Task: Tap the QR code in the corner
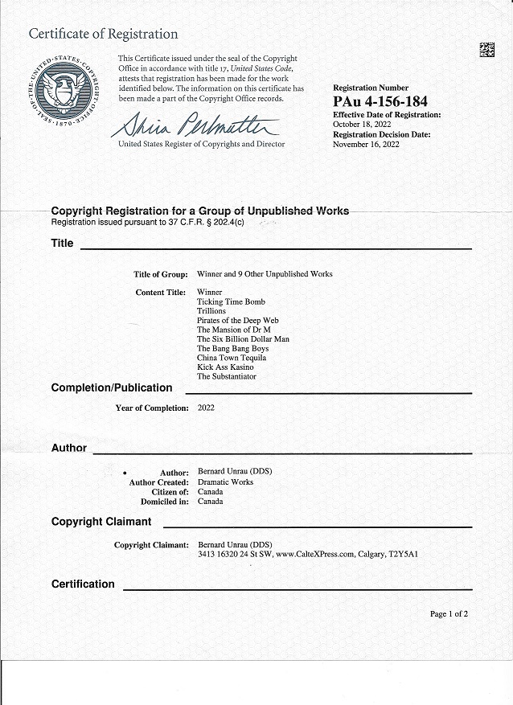[487, 50]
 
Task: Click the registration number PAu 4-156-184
[380, 101]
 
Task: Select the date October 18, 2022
[361, 125]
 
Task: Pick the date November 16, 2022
[366, 145]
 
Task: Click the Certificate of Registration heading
[104, 34]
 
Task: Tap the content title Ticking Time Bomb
[231, 301]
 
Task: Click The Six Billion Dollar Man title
[243, 339]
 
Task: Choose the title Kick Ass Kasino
[225, 367]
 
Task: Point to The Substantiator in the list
[227, 376]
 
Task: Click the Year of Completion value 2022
[206, 408]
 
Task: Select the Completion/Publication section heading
[112, 388]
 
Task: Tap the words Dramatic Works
[225, 482]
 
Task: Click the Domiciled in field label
[165, 502]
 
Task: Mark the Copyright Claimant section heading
[101, 522]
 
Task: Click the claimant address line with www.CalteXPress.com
[308, 555]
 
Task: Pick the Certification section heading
[83, 584]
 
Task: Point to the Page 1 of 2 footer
[449, 614]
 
